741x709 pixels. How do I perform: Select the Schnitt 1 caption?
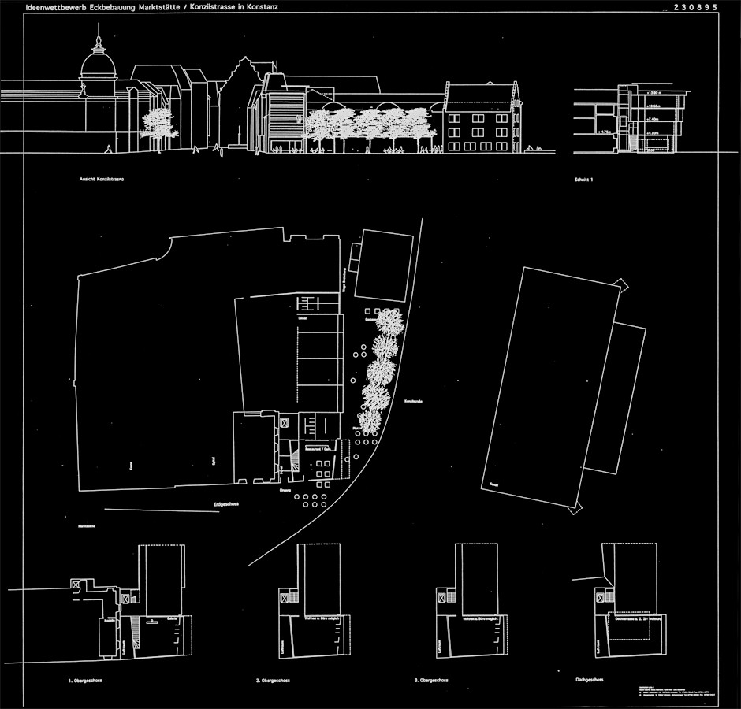click(583, 180)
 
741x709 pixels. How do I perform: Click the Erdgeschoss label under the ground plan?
click(226, 504)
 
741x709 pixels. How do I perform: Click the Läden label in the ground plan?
click(303, 318)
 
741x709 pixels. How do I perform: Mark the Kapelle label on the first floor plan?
click(102, 621)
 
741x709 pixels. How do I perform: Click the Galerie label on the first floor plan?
click(171, 619)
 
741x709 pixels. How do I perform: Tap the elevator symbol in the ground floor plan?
click(283, 423)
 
